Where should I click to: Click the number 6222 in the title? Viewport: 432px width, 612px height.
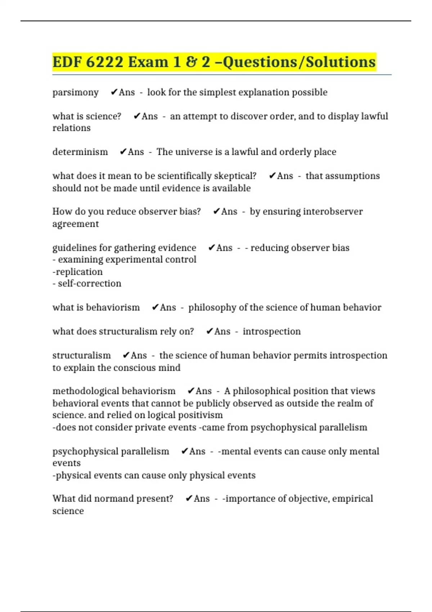[x=104, y=62]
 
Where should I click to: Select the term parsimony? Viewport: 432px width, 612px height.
[x=75, y=93]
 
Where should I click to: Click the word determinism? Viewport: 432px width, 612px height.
[x=80, y=152]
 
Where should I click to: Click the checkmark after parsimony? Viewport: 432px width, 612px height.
[x=114, y=93]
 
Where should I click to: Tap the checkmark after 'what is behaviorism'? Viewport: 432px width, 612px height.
[x=155, y=307]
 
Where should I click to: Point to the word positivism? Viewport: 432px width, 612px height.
[x=203, y=415]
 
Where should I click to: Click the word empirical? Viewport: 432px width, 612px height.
[x=352, y=499]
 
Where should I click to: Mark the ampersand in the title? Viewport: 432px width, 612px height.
[x=191, y=62]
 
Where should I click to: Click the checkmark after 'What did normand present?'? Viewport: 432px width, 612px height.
[x=189, y=499]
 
